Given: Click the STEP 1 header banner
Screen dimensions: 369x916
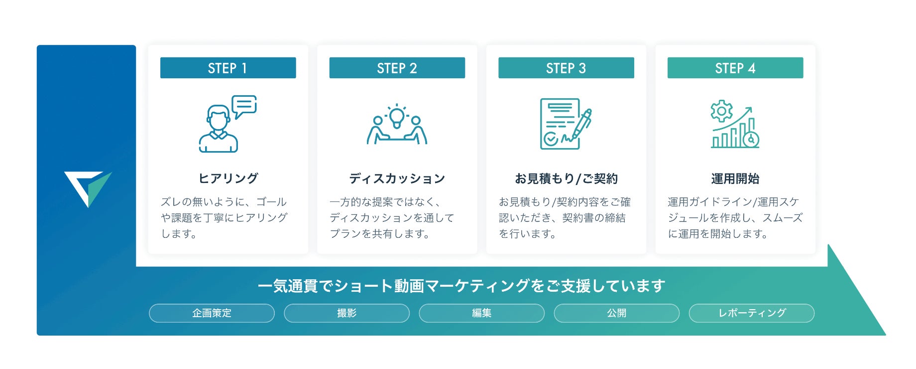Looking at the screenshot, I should coord(228,68).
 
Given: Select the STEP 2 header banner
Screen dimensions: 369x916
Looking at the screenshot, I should coord(397,68).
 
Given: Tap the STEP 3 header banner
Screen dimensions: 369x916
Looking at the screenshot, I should coord(566,68).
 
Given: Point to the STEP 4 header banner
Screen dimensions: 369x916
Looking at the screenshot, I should coord(735,68).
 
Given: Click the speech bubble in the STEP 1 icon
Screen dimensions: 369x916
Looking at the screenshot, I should coord(244,105).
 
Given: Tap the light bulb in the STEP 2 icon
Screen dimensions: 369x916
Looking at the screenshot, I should coord(397,117).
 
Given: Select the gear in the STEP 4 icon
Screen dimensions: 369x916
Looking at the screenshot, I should coord(721,111).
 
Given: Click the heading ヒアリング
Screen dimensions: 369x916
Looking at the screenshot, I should coord(228,178).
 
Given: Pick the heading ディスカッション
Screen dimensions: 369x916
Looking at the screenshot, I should coord(397,178).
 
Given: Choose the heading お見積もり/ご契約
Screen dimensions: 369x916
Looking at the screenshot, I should coord(566,178).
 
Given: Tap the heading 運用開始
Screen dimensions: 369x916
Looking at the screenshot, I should coord(735,178).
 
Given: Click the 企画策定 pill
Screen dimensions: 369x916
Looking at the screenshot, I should coord(212,313).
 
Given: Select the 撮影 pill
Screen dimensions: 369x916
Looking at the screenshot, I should coord(346,313).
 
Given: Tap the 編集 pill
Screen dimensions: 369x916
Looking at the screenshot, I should coord(481,313).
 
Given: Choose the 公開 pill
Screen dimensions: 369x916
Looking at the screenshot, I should coord(616,313).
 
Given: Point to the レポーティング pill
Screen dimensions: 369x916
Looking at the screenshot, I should coord(751,313).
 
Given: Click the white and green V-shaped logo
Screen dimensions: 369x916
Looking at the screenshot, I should coord(87,186).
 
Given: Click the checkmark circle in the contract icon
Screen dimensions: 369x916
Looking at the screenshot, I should coord(551,139).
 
